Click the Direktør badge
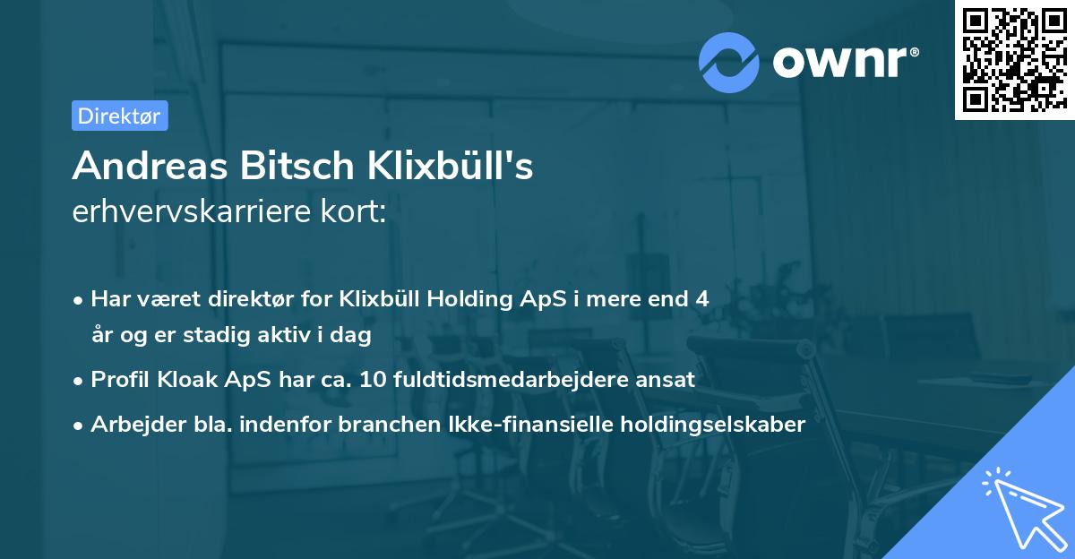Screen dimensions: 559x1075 tap(119, 116)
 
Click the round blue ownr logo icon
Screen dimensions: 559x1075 tap(729, 62)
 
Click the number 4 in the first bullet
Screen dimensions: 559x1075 tap(701, 299)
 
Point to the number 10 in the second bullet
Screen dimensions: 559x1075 tap(370, 380)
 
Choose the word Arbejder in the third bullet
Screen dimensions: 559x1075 tap(130, 425)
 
